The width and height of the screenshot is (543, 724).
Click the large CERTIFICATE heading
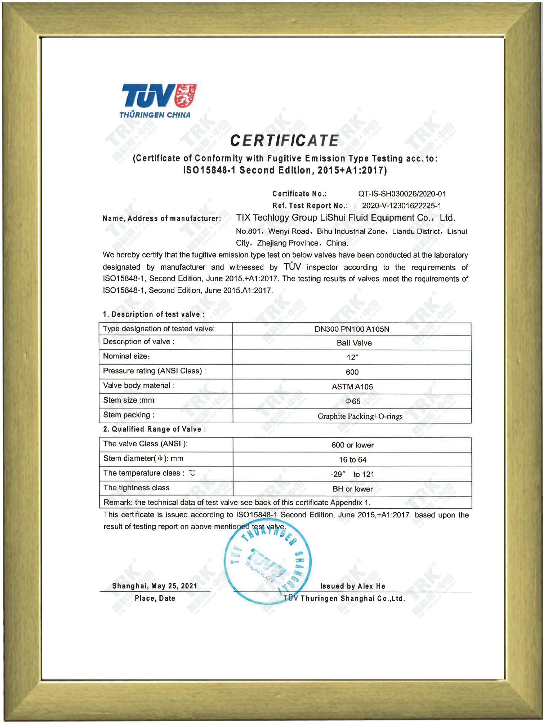(284, 141)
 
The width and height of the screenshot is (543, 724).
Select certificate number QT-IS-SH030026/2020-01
(402, 194)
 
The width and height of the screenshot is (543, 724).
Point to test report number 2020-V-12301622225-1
(401, 206)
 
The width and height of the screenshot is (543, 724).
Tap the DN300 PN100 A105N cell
(352, 329)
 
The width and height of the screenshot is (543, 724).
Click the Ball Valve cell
(354, 343)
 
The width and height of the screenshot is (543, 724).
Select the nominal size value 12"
(352, 358)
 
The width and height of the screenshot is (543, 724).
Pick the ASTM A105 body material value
(352, 387)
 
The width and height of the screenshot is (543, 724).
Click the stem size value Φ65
(352, 401)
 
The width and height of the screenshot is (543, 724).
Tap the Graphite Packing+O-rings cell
(360, 416)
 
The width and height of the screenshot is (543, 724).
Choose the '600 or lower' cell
(352, 445)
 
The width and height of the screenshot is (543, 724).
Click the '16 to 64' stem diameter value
(352, 460)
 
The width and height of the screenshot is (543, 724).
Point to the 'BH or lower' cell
(352, 489)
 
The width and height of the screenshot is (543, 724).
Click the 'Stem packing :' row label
(129, 415)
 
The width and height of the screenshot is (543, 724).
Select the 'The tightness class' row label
(136, 488)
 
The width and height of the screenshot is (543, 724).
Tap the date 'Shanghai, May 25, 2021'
(155, 586)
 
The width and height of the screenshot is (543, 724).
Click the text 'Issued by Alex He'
(352, 586)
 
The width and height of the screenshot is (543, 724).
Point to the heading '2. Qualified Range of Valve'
(154, 429)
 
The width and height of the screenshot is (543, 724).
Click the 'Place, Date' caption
(155, 599)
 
